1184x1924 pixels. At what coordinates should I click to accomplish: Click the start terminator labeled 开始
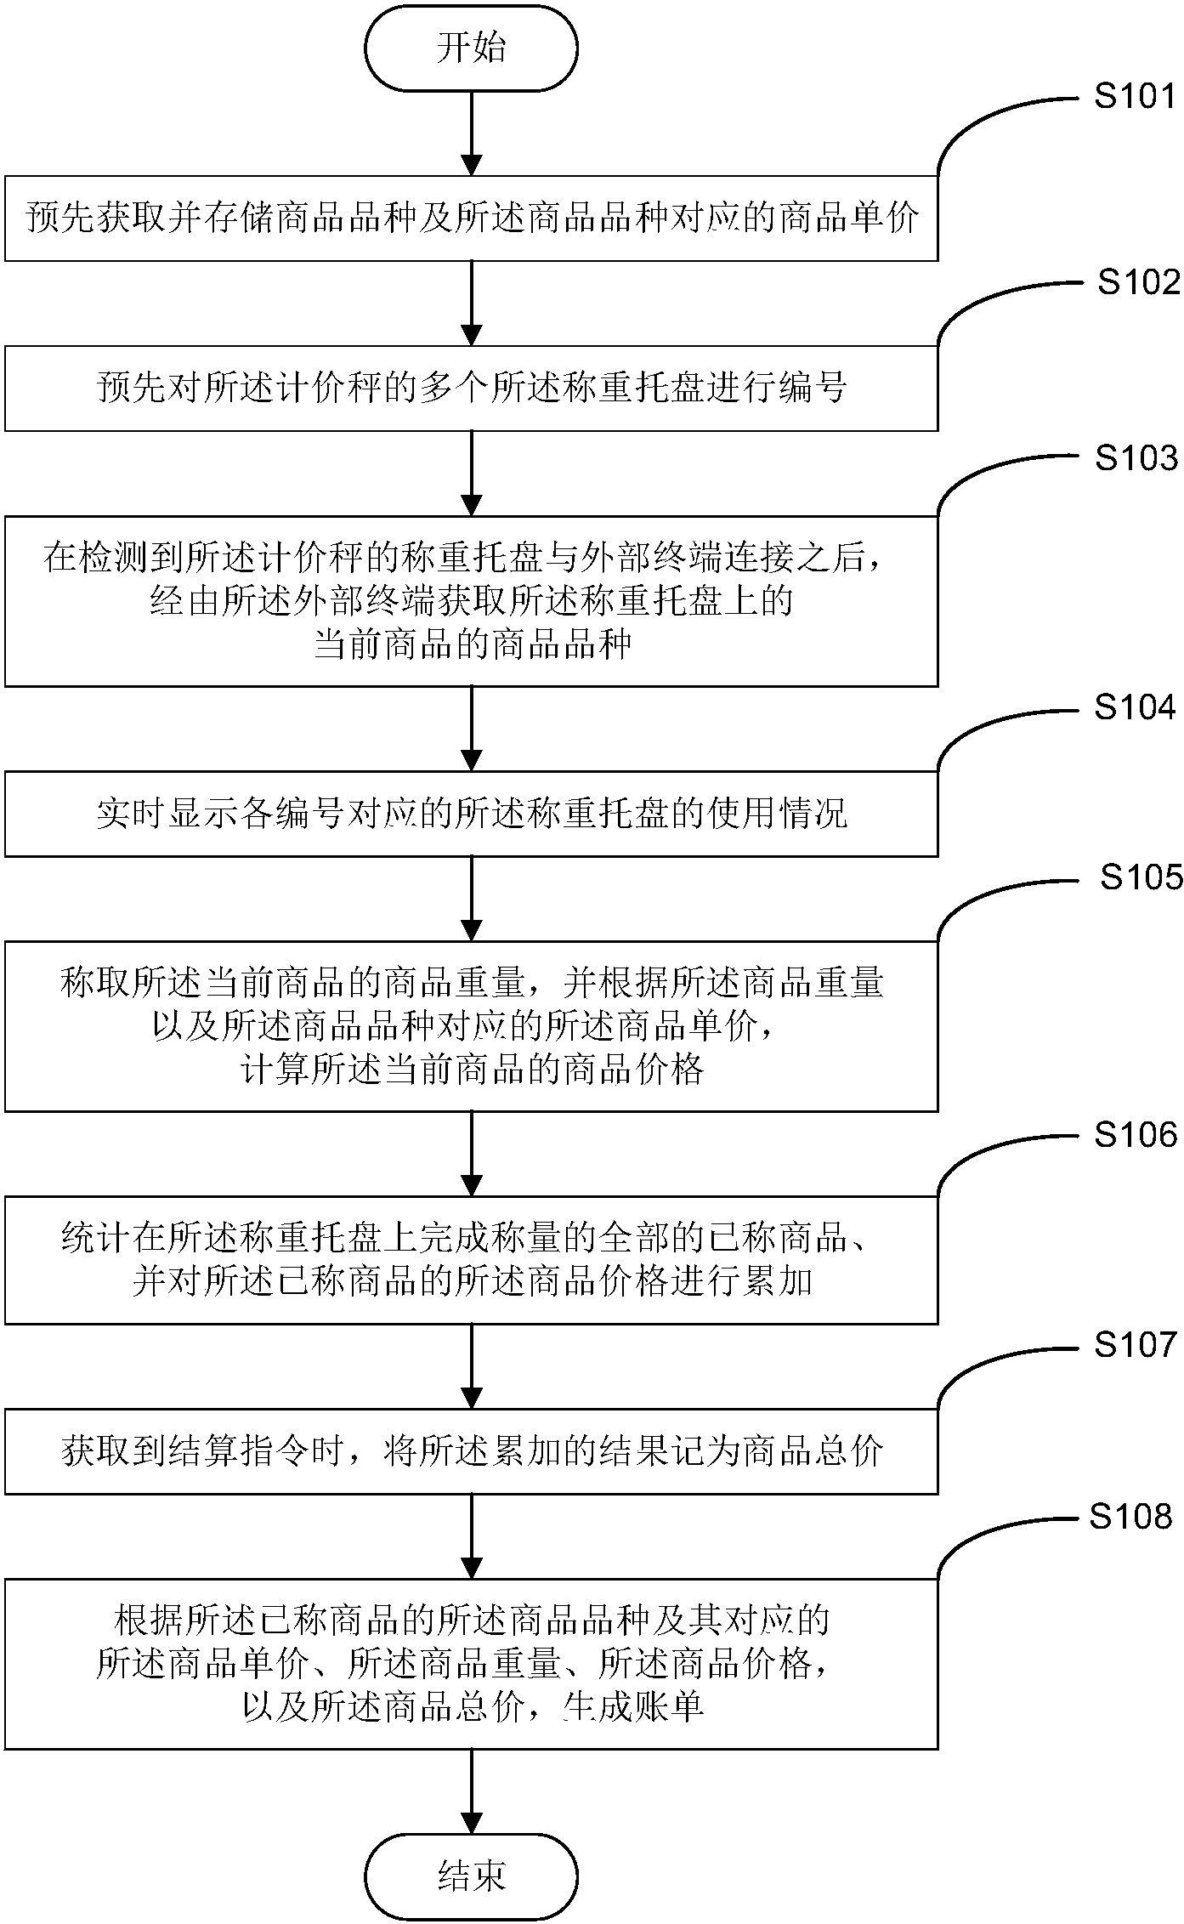click(x=471, y=48)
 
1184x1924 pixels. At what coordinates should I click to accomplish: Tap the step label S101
click(x=1135, y=97)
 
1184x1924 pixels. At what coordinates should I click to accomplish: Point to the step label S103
click(x=1136, y=459)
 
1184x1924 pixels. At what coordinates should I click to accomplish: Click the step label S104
click(x=1135, y=707)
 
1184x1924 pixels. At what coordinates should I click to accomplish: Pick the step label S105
click(x=1141, y=877)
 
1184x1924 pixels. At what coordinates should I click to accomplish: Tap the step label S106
click(x=1136, y=1135)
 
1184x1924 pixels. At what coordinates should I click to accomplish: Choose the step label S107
click(x=1136, y=1345)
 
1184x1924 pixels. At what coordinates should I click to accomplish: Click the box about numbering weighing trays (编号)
click(x=471, y=389)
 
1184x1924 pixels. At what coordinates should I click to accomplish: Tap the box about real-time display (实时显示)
click(x=471, y=814)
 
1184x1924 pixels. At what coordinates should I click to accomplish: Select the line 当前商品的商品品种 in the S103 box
click(x=473, y=644)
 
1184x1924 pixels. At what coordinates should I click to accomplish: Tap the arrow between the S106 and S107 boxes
click(x=471, y=1366)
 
